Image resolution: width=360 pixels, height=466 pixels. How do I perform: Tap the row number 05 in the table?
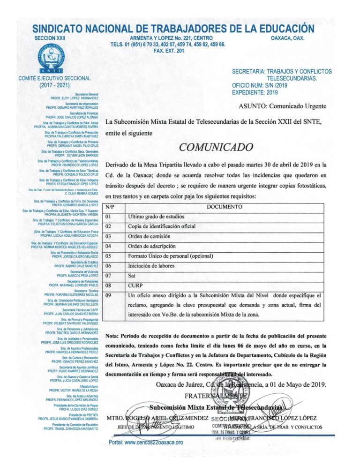coord(109,256)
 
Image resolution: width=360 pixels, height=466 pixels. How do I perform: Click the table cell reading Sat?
coord(132,276)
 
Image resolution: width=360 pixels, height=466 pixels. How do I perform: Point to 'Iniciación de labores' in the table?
coord(151,266)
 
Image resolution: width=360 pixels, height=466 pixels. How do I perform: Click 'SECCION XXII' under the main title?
coord(50,38)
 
